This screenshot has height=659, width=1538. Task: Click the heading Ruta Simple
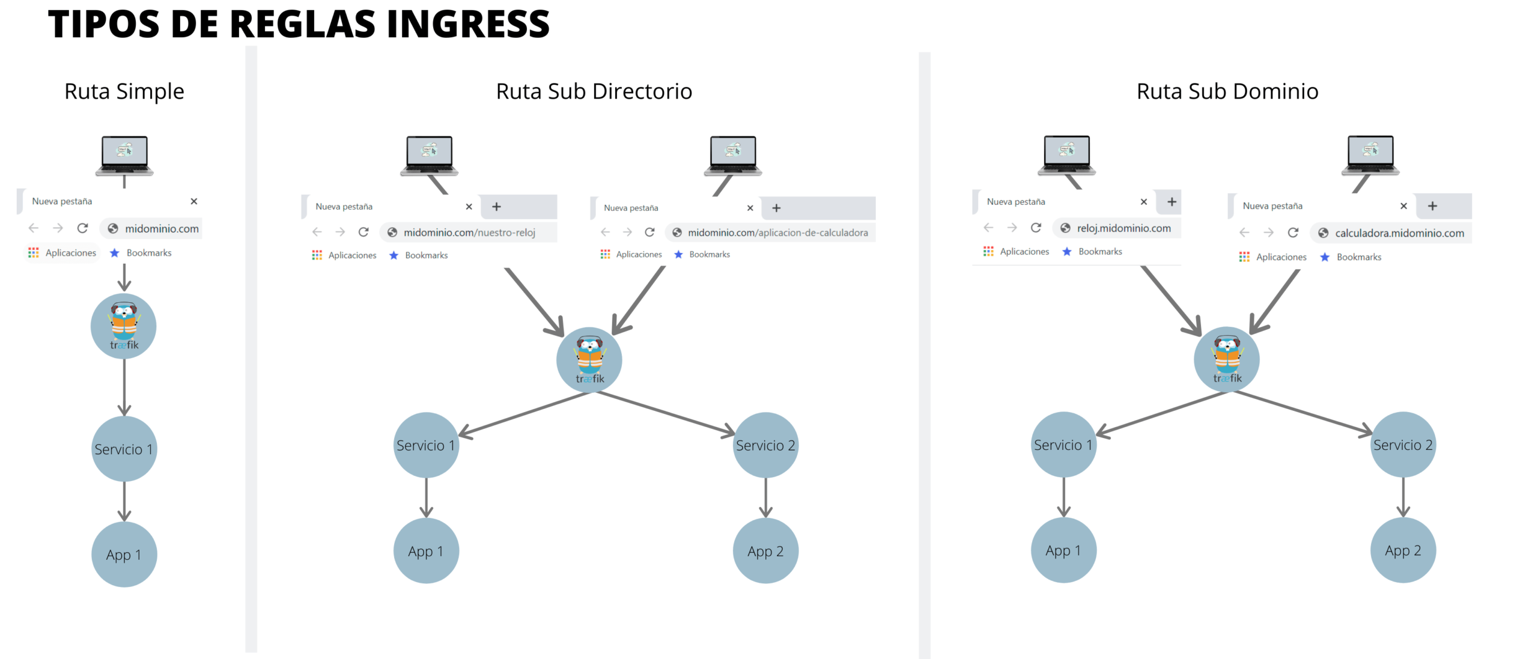pyautogui.click(x=124, y=91)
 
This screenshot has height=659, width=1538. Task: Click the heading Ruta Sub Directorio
pyautogui.click(x=594, y=91)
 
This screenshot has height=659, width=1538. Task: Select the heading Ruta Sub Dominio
pyautogui.click(x=1227, y=91)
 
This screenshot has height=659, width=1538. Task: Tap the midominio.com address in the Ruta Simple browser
pyautogui.click(x=161, y=229)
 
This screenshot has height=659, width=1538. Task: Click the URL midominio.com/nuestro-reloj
pyautogui.click(x=469, y=232)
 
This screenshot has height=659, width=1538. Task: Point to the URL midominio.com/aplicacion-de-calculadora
pyautogui.click(x=777, y=232)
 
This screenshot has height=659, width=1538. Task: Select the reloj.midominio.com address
pyautogui.click(x=1123, y=228)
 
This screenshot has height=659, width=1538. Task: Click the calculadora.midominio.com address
pyautogui.click(x=1399, y=233)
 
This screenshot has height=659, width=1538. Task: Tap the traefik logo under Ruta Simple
pyautogui.click(x=124, y=326)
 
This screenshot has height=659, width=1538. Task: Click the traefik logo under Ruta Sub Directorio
pyautogui.click(x=589, y=360)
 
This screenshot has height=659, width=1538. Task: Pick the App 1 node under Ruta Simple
pyautogui.click(x=124, y=554)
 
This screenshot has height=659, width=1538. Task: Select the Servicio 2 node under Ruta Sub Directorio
pyautogui.click(x=765, y=445)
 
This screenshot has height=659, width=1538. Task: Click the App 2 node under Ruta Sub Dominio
pyautogui.click(x=1403, y=550)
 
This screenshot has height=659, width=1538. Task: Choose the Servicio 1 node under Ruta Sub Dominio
pyautogui.click(x=1063, y=445)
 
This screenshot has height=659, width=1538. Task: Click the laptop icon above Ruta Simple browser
pyautogui.click(x=124, y=155)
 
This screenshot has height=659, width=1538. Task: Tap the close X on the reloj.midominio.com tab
pyautogui.click(x=1144, y=202)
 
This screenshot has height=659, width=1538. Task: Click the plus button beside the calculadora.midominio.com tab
pyautogui.click(x=1433, y=206)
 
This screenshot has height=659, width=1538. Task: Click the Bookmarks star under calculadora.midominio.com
pyautogui.click(x=1325, y=257)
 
